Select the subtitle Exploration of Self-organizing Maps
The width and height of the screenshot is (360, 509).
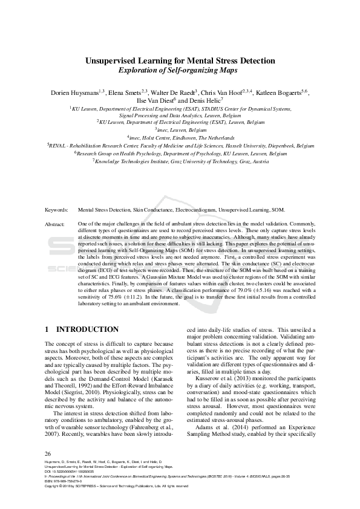(180, 70)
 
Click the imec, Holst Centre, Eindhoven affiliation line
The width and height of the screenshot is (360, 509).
(180, 137)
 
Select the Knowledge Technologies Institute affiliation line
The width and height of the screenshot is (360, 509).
(180, 162)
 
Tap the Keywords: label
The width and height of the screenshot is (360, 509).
(57, 210)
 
